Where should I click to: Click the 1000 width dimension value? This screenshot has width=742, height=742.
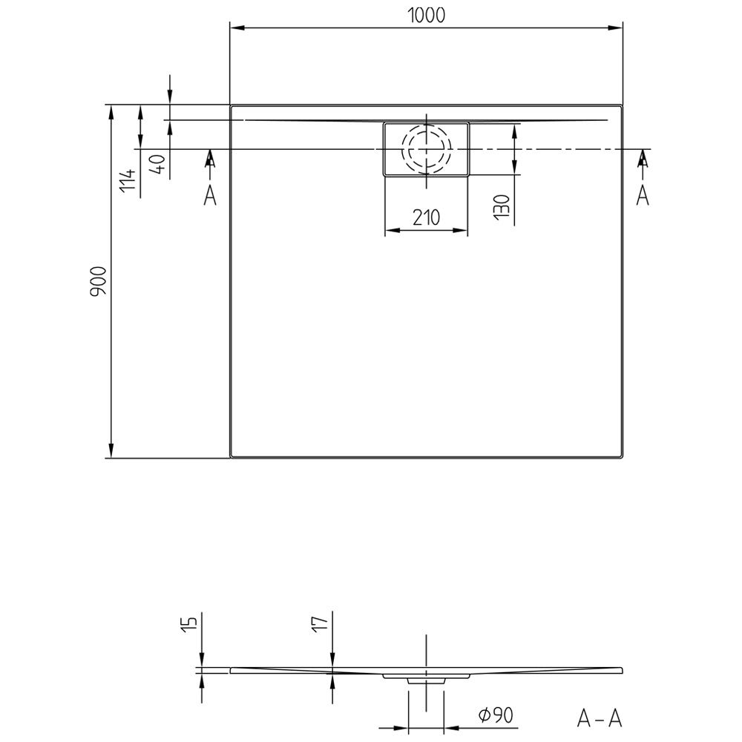coord(427,16)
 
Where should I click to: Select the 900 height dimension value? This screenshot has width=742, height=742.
coord(99,281)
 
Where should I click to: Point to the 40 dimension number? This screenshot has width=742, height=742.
coord(159,164)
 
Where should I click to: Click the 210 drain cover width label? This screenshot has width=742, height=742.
coord(427,217)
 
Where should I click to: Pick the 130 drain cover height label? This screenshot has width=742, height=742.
coord(502,207)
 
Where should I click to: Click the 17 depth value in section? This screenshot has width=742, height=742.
coord(321,623)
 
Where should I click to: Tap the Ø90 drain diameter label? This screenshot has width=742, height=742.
coord(496,715)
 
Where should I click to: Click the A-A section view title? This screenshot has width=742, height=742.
coord(599,718)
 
